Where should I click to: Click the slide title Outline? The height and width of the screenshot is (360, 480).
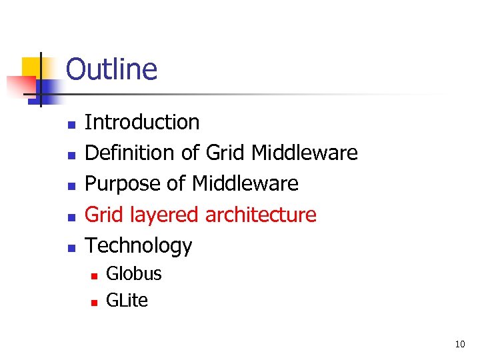111,69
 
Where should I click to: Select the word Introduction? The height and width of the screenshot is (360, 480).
142,122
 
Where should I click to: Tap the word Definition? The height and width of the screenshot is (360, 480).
131,153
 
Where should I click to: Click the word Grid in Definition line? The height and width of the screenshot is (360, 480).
226,153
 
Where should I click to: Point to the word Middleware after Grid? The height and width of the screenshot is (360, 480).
305,153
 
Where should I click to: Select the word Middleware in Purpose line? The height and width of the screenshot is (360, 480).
245,184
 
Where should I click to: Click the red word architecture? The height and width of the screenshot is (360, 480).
261,215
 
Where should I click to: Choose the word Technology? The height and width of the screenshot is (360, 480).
139,246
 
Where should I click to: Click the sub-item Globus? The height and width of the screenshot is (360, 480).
134,274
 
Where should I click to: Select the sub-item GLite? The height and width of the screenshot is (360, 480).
127,301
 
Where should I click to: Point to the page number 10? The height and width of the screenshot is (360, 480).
459,345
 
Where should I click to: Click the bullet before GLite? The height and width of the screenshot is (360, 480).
94,302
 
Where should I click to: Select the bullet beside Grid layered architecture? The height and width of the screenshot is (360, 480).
72,217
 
